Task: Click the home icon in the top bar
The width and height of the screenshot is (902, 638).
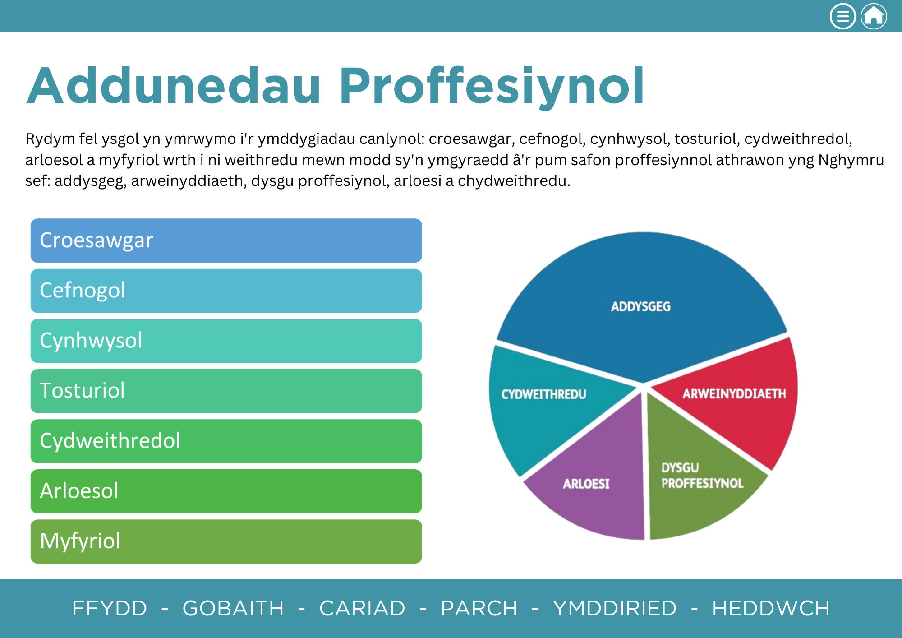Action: (874, 16)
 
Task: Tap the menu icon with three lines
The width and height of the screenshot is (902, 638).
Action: (842, 16)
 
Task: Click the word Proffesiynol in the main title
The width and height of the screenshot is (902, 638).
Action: (492, 86)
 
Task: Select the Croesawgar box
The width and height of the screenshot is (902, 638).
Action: (226, 240)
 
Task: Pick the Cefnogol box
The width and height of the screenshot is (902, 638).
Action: (226, 291)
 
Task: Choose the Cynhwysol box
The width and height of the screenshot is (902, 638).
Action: (226, 341)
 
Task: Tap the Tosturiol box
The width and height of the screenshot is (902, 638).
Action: (226, 391)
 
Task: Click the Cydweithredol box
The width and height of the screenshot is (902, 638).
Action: (226, 441)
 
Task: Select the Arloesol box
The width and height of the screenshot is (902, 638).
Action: (226, 491)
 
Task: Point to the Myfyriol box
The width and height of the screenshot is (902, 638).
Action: (226, 541)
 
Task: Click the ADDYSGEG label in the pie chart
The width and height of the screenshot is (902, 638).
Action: (640, 307)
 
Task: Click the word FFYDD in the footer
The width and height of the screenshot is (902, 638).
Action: (110, 608)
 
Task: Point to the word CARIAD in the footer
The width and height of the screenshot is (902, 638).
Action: (362, 608)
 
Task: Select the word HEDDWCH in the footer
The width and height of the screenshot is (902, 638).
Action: (771, 608)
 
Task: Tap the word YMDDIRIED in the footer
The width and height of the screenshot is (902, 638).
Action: (615, 608)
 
